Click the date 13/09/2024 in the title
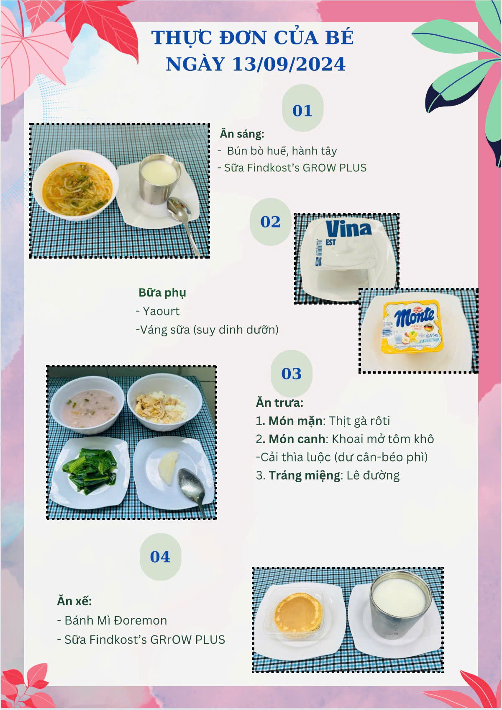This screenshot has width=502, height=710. click(x=289, y=64)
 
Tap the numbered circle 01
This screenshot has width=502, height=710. click(x=302, y=108)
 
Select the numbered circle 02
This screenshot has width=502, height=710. click(x=270, y=222)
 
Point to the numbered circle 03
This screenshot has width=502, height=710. click(x=291, y=373)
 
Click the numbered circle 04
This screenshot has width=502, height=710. click(x=160, y=557)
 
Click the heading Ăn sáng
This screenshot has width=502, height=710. click(x=242, y=134)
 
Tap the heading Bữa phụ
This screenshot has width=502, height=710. click(x=162, y=293)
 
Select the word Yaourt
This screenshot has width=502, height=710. click(x=161, y=311)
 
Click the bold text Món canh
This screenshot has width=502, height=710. click(x=297, y=439)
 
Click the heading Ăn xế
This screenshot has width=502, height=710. click(x=74, y=601)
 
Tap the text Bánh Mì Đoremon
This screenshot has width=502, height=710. click(x=115, y=620)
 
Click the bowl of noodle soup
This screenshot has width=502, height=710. click(x=75, y=185)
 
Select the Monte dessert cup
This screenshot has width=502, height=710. click(x=412, y=326)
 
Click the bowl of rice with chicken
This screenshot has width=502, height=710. click(x=164, y=402)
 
